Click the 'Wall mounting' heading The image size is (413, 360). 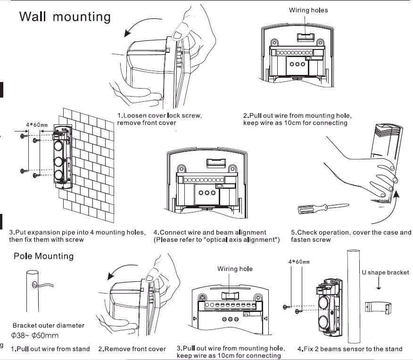[x=65, y=17]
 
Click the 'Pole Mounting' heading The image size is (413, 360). [x=43, y=256]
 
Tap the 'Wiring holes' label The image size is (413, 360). [x=308, y=10]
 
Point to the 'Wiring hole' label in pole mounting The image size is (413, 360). [x=235, y=269]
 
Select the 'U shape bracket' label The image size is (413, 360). [x=385, y=272]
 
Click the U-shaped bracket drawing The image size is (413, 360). [x=380, y=308]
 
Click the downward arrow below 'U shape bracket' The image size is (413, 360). [x=379, y=285]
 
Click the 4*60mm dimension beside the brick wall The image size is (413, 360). [x=37, y=125]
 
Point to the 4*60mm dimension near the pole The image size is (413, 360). [x=299, y=262]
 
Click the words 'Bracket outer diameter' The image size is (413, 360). [x=49, y=326]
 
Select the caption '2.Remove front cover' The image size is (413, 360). [x=132, y=349]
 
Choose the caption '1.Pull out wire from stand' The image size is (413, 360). [x=50, y=349]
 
